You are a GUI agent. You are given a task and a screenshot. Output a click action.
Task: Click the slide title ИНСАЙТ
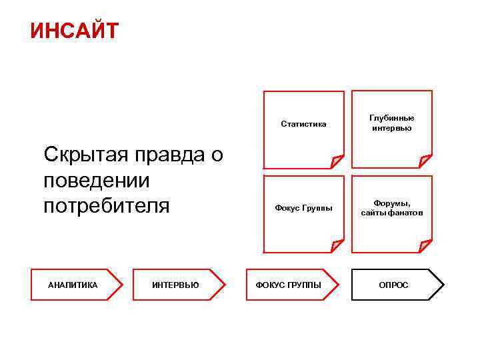point(74,31)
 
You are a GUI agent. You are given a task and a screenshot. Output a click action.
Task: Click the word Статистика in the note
point(303,123)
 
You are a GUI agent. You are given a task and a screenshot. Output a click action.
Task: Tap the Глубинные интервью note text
point(392,123)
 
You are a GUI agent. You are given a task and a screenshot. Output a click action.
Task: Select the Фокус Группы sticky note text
point(303,208)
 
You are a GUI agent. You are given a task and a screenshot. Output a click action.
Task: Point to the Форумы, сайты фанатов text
point(392,208)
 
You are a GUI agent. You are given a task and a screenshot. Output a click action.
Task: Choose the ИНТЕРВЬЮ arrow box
point(175,285)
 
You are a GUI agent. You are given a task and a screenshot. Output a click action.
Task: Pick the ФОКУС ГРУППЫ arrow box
point(289,285)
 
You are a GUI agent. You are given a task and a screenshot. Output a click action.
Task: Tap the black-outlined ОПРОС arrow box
point(393,285)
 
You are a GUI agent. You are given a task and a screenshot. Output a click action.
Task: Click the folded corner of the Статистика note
point(337,161)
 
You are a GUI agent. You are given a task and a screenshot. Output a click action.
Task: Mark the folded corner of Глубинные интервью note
point(425,161)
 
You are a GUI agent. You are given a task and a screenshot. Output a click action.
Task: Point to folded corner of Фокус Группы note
point(337,246)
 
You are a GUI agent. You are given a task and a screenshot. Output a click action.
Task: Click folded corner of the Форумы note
point(425,246)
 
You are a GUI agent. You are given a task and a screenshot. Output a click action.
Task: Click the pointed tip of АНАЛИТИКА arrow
point(122,285)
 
